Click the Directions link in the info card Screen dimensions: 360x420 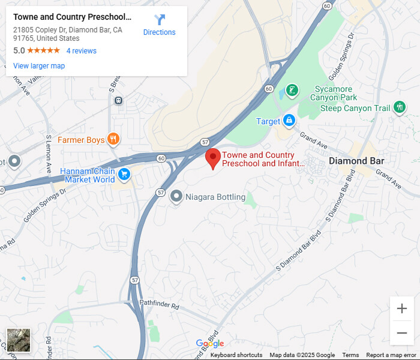(x=159, y=25)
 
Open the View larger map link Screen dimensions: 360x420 (x=39, y=66)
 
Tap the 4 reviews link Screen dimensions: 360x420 (x=81, y=51)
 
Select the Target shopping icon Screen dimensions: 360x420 (x=289, y=121)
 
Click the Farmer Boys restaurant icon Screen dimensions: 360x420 (x=113, y=140)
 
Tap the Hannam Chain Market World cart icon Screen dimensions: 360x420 (x=124, y=175)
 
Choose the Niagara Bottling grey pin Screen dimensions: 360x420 (x=176, y=196)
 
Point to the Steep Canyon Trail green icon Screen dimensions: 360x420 (x=400, y=108)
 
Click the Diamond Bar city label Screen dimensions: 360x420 (x=356, y=161)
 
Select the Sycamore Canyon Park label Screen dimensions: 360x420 (x=333, y=94)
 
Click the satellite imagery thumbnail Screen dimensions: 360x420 (x=19, y=340)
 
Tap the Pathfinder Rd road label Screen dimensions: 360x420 (x=159, y=306)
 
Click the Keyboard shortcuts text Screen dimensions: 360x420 (x=236, y=355)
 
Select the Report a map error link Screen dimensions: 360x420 (x=392, y=355)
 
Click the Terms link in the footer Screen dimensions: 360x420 (x=350, y=355)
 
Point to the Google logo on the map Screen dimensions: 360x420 (x=210, y=343)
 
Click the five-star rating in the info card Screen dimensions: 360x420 (x=43, y=51)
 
